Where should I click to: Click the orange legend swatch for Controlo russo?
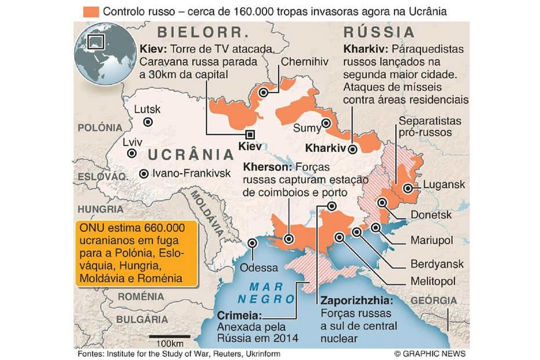point(90,12)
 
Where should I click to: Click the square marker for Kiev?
point(250,134)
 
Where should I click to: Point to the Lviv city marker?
point(133,154)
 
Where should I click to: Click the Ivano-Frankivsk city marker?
point(143,173)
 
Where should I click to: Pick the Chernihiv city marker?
point(264,92)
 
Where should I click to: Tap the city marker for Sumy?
point(327,123)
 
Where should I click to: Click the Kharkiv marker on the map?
point(352,148)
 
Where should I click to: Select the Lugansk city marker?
point(409,188)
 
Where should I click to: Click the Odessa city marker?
point(252,243)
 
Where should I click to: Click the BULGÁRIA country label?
point(143,318)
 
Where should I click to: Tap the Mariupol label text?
point(432,240)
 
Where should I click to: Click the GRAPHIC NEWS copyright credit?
point(429,353)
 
